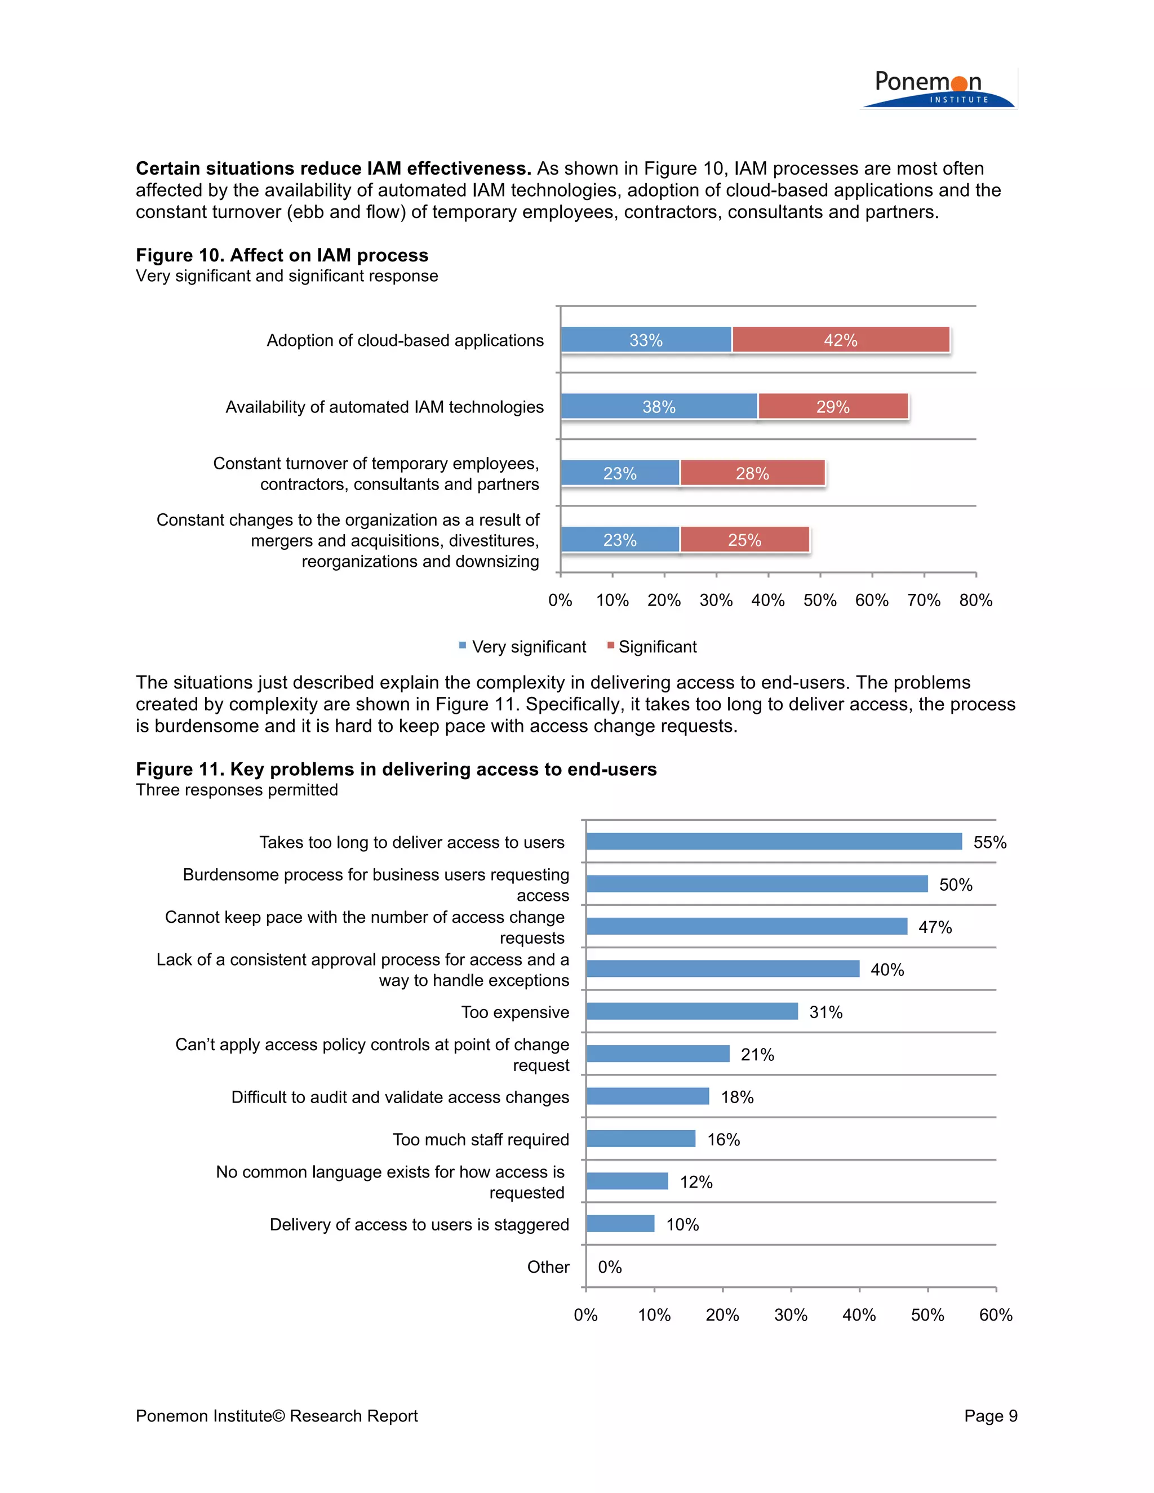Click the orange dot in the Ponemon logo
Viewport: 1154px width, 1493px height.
point(959,83)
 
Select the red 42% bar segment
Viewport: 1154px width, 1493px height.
point(840,340)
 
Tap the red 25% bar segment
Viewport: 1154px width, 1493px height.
point(744,540)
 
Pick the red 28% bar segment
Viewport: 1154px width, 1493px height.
point(752,473)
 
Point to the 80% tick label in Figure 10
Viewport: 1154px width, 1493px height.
point(975,600)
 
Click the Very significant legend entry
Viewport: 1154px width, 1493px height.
point(528,647)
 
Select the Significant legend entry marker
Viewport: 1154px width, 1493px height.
point(610,645)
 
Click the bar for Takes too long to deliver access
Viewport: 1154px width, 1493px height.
point(773,842)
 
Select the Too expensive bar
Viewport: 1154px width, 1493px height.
point(691,1011)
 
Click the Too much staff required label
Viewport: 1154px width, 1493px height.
point(481,1140)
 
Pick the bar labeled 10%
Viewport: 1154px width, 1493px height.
point(620,1224)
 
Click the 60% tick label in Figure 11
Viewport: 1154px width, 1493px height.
point(996,1316)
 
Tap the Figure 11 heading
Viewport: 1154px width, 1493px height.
point(396,769)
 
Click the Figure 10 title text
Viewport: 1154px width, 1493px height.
point(282,255)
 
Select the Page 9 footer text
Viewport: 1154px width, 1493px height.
point(990,1416)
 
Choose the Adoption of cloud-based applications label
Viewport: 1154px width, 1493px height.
point(405,340)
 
